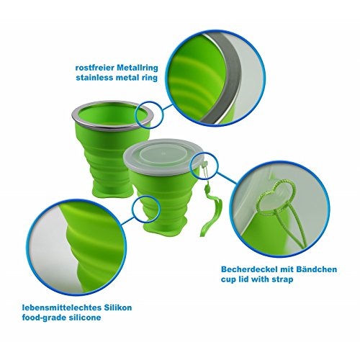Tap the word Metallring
point(138,68)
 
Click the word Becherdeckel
point(247,269)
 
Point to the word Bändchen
point(316,269)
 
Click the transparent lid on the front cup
point(163,157)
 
